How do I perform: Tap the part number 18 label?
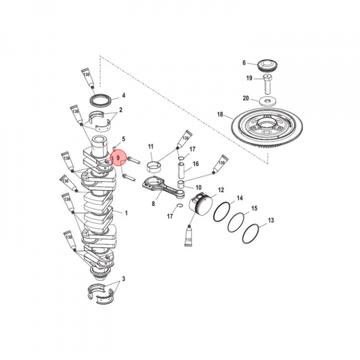(x=220, y=114)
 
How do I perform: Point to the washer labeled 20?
(x=268, y=101)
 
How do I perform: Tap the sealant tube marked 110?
(x=189, y=238)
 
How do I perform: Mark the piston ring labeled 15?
(x=236, y=222)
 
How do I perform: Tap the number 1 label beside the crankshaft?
(x=126, y=213)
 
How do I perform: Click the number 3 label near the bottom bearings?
(x=123, y=278)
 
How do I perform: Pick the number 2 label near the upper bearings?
(x=120, y=109)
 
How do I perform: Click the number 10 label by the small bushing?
(x=198, y=187)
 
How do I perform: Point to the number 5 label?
(x=123, y=138)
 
